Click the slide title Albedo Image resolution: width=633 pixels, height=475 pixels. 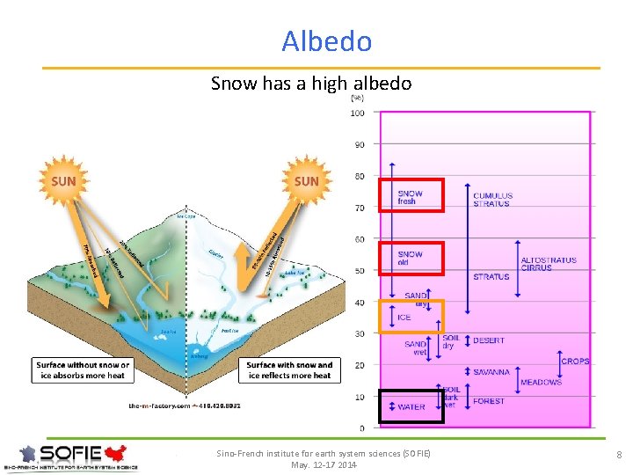point(327,41)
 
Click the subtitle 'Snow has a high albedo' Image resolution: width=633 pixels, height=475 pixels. point(311,84)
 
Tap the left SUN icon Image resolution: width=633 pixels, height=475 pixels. point(63,182)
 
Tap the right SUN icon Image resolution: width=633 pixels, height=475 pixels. point(306,181)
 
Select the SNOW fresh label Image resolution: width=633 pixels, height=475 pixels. point(411,197)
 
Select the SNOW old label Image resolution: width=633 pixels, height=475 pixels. point(411,258)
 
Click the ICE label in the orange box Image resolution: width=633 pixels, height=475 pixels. point(404,318)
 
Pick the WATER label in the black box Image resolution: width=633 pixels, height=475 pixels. point(411,407)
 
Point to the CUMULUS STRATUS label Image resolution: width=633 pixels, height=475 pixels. point(492,200)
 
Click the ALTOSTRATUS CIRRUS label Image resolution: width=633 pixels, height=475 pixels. point(549,264)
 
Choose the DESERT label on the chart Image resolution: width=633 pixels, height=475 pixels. point(489,340)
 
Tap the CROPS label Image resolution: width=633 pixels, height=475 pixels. point(575,362)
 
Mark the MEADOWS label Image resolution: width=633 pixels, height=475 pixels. point(541,383)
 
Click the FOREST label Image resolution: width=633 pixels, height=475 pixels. point(489,401)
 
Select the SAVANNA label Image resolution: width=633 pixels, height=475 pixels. point(491,372)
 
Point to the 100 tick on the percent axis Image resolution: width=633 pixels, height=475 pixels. point(358,113)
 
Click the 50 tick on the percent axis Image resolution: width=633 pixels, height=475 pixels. point(360,271)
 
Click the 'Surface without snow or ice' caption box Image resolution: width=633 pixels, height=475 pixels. point(83,370)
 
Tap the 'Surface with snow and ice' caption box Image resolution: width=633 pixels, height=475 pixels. point(289,370)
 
